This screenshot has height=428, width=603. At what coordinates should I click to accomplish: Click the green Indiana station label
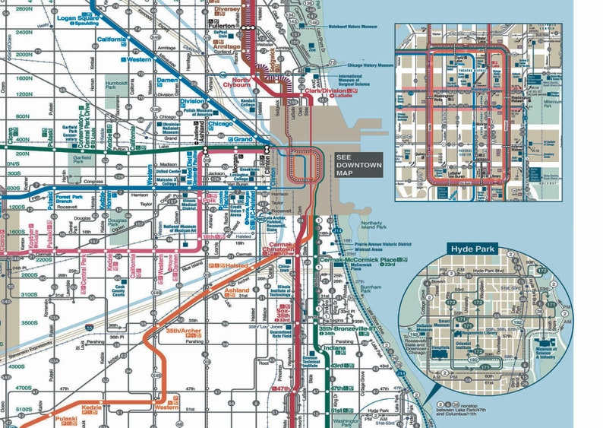(x=335, y=349)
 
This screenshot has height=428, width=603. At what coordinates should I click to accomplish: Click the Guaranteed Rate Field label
(x=281, y=333)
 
